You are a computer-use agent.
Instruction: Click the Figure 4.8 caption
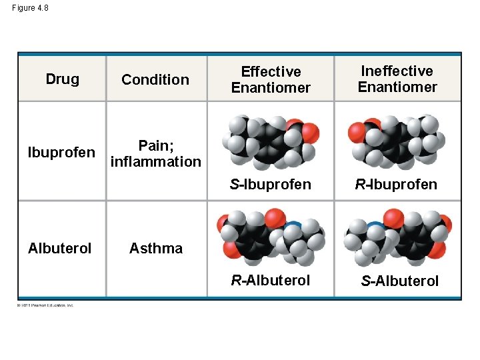point(30,9)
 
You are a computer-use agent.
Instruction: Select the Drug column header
point(62,79)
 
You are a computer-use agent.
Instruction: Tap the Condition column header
point(155,80)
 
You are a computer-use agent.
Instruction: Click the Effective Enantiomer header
point(271,79)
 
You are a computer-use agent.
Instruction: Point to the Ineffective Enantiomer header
point(397,79)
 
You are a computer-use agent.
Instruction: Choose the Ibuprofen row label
point(61,153)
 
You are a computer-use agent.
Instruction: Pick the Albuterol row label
point(60,248)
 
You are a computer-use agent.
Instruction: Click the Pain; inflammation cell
point(155,153)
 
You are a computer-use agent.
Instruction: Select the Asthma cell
point(155,248)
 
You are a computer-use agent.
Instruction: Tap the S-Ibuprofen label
point(270,184)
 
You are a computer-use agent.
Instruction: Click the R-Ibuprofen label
point(396,184)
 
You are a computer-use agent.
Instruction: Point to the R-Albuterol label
point(270,280)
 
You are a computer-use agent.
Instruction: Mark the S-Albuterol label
point(399,281)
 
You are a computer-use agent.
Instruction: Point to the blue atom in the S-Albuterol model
point(376,227)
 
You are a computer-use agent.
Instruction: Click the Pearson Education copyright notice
point(46,305)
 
